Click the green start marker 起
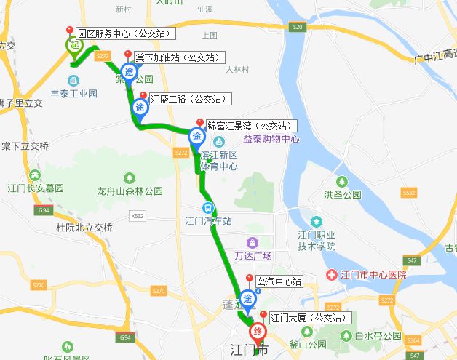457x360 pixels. pyautogui.click(x=73, y=45)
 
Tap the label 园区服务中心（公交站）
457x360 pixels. pyautogui.click(x=126, y=33)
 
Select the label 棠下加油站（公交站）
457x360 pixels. pyautogui.click(x=178, y=57)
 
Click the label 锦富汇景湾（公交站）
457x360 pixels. pyautogui.click(x=250, y=125)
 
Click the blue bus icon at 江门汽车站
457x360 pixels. pyautogui.click(x=208, y=207)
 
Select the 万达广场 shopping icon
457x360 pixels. pyautogui.click(x=252, y=242)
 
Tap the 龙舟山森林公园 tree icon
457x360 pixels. pyautogui.click(x=130, y=178)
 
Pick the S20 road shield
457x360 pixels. pyautogui.click(x=296, y=27)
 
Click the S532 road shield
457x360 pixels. pyautogui.click(x=409, y=193)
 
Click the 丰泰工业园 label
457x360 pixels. pyautogui.click(x=73, y=94)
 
